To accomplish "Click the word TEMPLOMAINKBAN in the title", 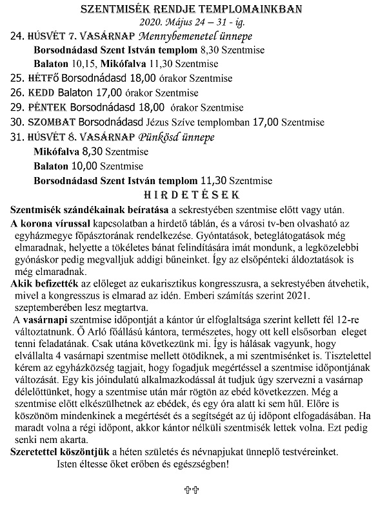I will [x=255, y=10].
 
